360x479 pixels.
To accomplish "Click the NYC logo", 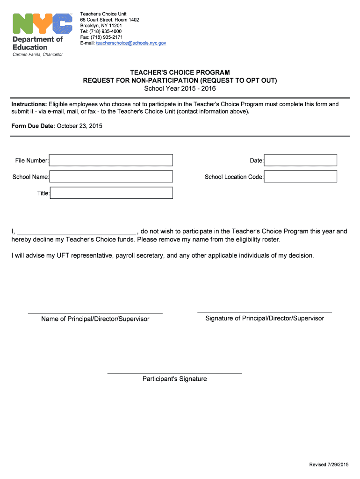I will tap(42, 23).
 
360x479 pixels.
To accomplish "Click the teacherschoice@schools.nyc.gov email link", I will tap(131, 43).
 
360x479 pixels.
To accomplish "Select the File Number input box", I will tap(111, 160).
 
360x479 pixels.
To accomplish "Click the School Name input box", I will tap(111, 177).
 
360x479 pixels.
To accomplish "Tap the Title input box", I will tap(111, 193).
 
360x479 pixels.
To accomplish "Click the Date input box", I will tap(301, 160).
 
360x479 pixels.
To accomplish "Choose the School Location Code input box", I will tap(301, 177).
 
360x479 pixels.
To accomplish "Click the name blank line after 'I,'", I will tap(77, 232).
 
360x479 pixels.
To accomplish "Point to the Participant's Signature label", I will tap(174, 379).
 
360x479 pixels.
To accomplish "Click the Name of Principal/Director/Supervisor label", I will tap(95, 319).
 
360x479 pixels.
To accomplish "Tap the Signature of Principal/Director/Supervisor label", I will tap(265, 319).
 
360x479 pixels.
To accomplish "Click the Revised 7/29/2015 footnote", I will tap(329, 464).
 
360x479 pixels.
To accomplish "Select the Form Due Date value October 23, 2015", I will tap(79, 126).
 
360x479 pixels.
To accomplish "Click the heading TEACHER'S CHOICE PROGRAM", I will tap(180, 73).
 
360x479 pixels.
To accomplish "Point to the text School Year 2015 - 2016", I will tap(180, 88).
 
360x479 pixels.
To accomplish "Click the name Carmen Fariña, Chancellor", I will tap(37, 55).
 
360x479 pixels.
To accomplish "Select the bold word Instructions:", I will tap(29, 104).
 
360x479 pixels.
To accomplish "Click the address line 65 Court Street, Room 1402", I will tap(109, 20).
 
